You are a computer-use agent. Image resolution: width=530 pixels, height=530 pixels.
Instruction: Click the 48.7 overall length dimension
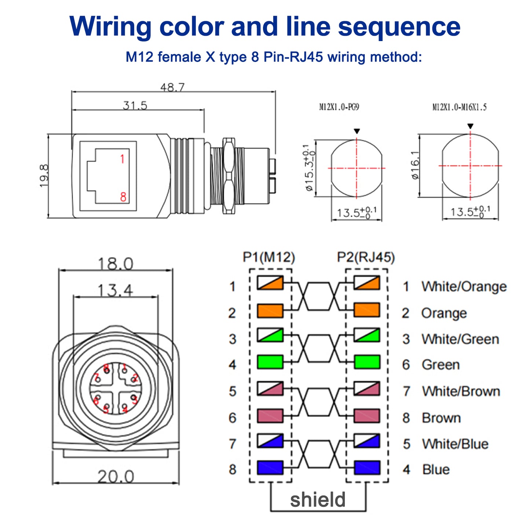coord(172,87)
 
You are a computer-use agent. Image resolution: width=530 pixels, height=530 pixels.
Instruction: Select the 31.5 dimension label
coord(135,106)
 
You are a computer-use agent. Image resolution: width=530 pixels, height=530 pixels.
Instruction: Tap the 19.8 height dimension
coord(44,176)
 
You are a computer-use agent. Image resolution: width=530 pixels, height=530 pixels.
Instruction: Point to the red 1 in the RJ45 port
coord(122,159)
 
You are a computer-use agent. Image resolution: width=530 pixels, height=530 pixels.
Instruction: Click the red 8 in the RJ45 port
coord(123,197)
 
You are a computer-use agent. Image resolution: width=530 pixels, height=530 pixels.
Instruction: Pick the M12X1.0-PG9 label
coord(339,107)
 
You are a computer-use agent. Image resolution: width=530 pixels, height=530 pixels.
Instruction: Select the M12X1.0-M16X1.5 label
coord(459,107)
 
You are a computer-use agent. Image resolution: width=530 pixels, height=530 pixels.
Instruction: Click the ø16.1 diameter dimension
coord(415,165)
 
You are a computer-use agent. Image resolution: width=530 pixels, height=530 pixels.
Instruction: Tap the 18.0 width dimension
coord(116,264)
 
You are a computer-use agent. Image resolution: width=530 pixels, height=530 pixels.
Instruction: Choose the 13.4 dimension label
coord(116,290)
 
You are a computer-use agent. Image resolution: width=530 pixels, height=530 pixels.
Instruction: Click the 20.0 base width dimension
coord(116,477)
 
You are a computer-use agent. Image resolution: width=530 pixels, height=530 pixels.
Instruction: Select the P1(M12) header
coord(269,257)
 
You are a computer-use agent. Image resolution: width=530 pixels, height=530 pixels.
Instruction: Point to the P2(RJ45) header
coord(366,257)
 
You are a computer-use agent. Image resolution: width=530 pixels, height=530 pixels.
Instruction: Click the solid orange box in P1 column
coord(270,311)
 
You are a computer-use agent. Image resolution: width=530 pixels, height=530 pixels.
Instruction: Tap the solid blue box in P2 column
coord(367,468)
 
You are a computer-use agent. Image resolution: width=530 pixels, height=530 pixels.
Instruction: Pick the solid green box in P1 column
coord(270,362)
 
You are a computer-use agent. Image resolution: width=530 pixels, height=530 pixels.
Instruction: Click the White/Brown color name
coord(461,391)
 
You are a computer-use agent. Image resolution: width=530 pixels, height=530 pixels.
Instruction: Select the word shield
coord(318,500)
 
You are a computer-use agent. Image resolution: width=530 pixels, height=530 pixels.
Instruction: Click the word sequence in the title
coord(399,27)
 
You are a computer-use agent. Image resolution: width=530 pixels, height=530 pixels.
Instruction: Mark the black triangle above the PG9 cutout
coord(357,131)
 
